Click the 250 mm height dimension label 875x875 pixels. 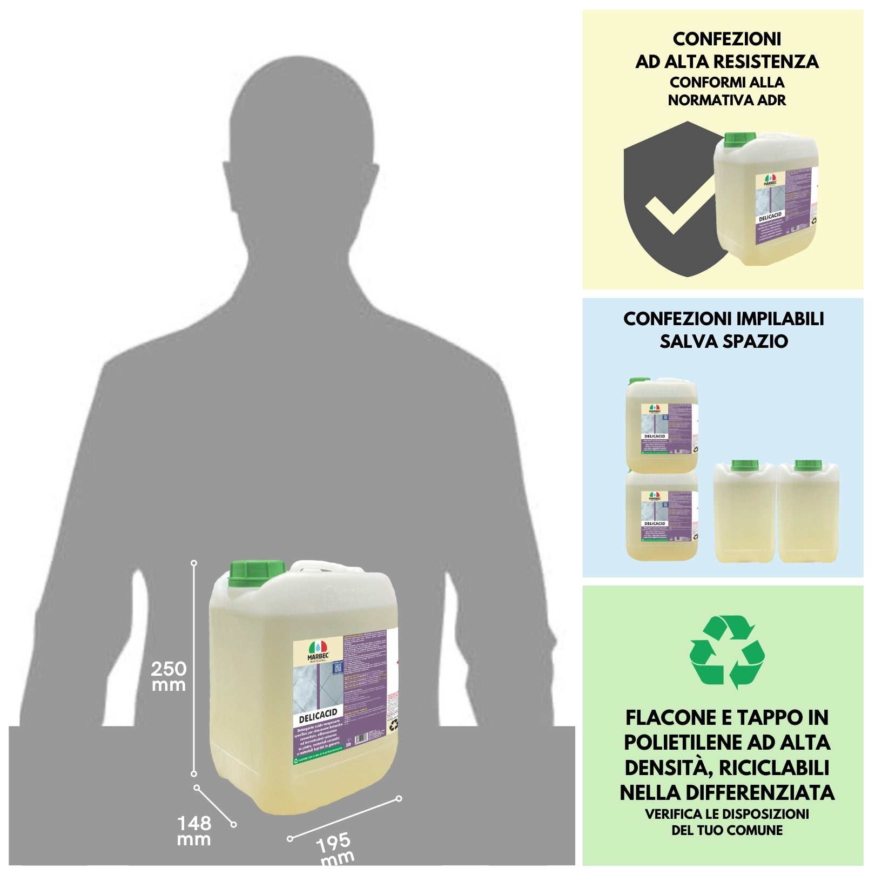[x=169, y=676]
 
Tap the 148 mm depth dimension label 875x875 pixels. [x=194, y=831]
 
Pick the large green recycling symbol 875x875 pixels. [x=726, y=652]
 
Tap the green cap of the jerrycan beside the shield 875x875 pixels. [x=739, y=140]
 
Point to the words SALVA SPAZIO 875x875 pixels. [x=723, y=341]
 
